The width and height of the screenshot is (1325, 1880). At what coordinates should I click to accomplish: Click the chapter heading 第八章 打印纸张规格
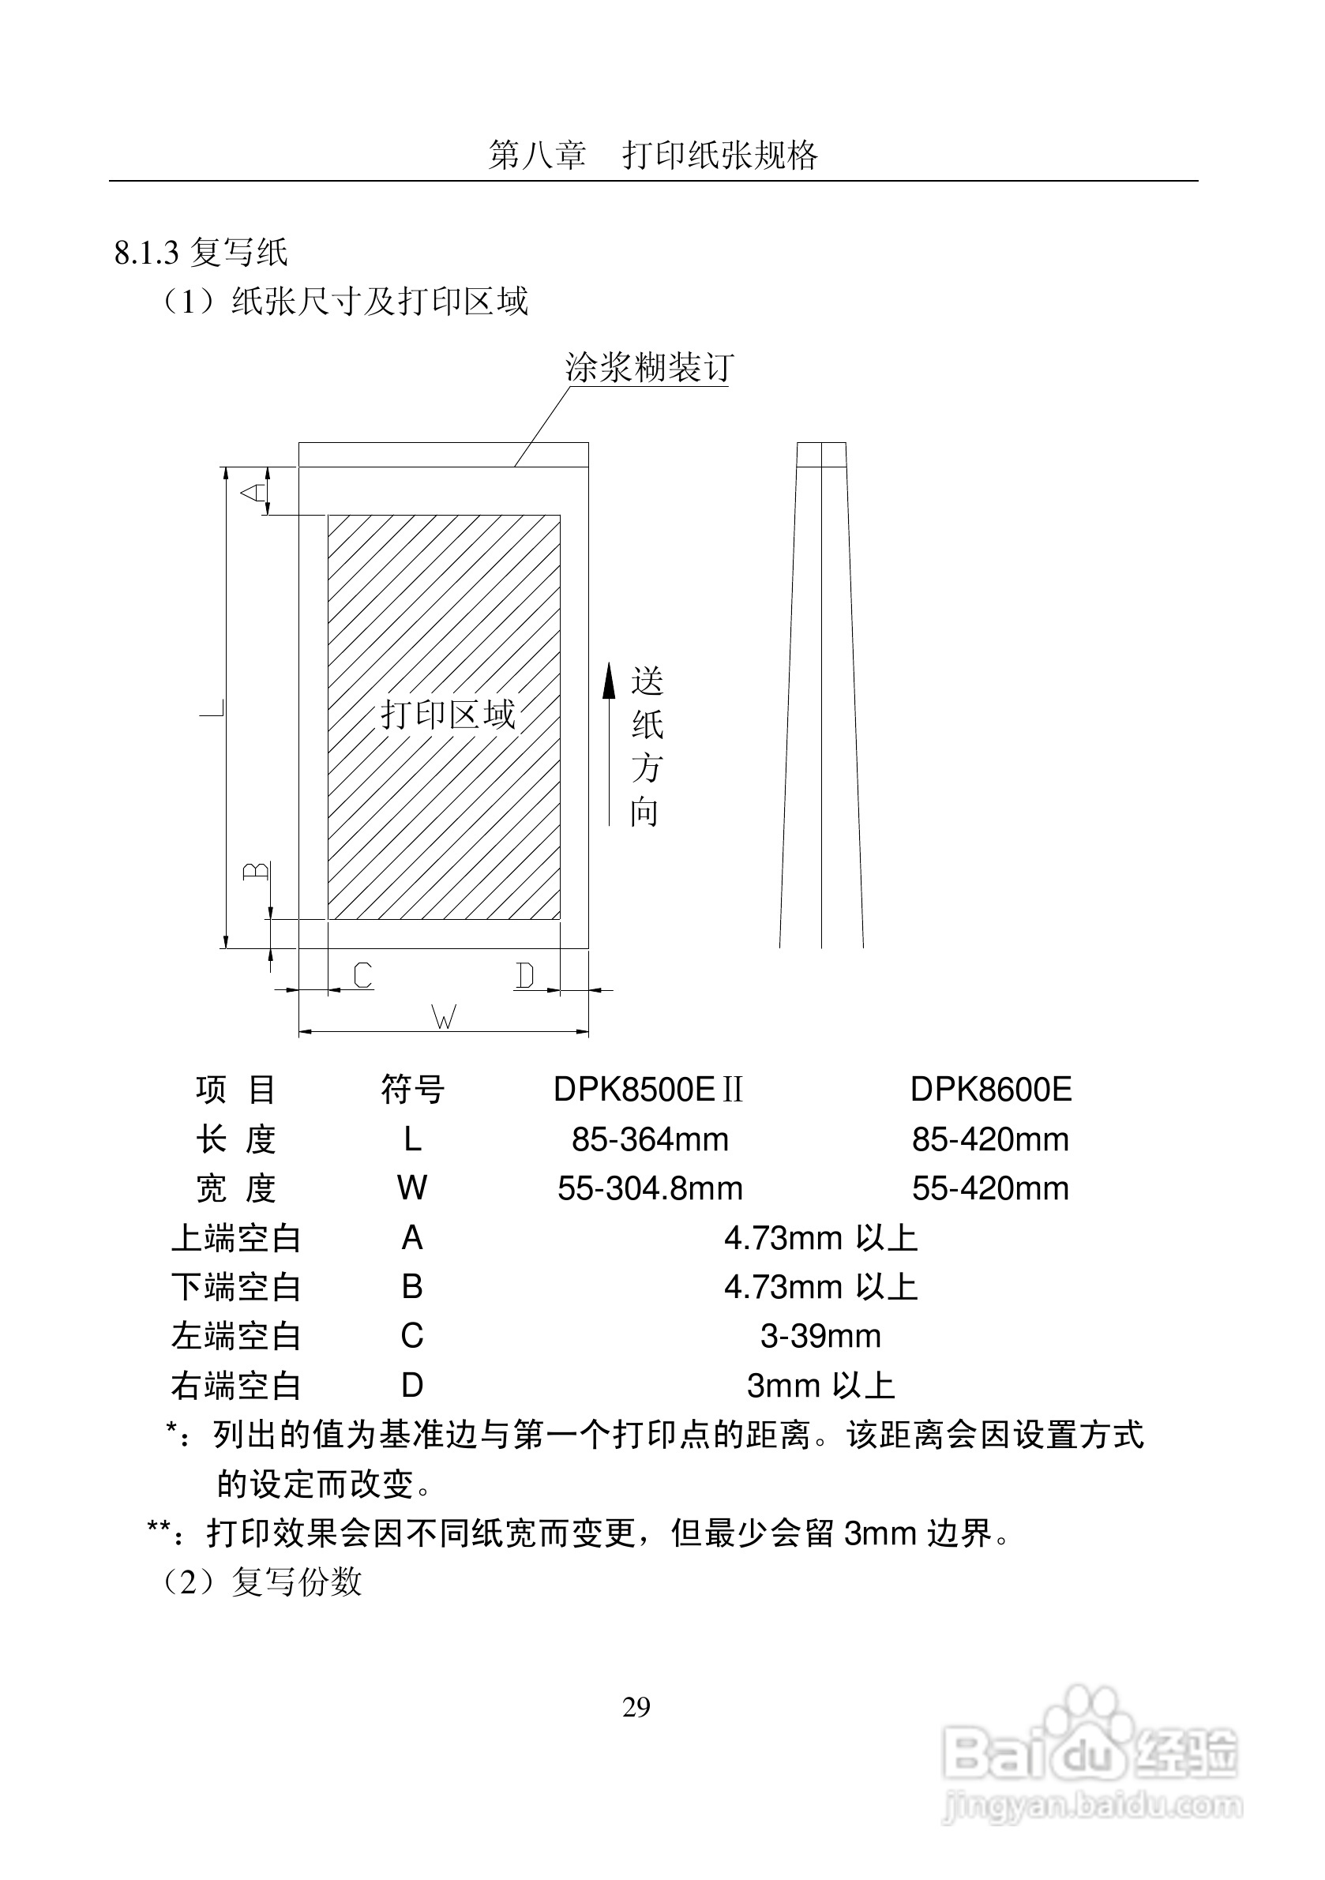coord(653,155)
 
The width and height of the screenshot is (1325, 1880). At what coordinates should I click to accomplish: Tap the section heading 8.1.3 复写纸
coord(201,252)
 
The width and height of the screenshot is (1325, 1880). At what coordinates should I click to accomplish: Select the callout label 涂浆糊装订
coord(647,368)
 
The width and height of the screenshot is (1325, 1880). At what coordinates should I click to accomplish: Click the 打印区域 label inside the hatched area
coord(447,715)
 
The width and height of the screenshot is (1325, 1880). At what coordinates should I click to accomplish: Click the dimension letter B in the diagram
coord(257,870)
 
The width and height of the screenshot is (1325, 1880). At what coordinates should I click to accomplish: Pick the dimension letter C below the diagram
coord(362,975)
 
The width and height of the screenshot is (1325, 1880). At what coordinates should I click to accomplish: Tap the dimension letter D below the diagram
coord(525,975)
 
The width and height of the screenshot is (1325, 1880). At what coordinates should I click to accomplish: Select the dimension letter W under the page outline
coord(443,1018)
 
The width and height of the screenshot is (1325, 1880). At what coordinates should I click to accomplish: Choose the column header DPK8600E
coord(991,1090)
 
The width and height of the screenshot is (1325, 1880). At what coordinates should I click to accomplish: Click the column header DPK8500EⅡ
coord(648,1090)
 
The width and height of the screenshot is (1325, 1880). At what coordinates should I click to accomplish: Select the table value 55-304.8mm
coord(650,1189)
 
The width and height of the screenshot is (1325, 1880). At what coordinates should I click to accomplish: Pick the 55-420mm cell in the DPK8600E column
coord(991,1189)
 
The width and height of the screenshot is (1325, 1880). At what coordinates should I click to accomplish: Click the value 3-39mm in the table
coord(820,1336)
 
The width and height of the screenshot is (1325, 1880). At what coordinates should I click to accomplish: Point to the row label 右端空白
coord(236,1387)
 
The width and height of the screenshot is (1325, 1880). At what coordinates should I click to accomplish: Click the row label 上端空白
coord(236,1239)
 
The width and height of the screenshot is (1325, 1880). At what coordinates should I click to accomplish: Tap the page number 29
coord(636,1707)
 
